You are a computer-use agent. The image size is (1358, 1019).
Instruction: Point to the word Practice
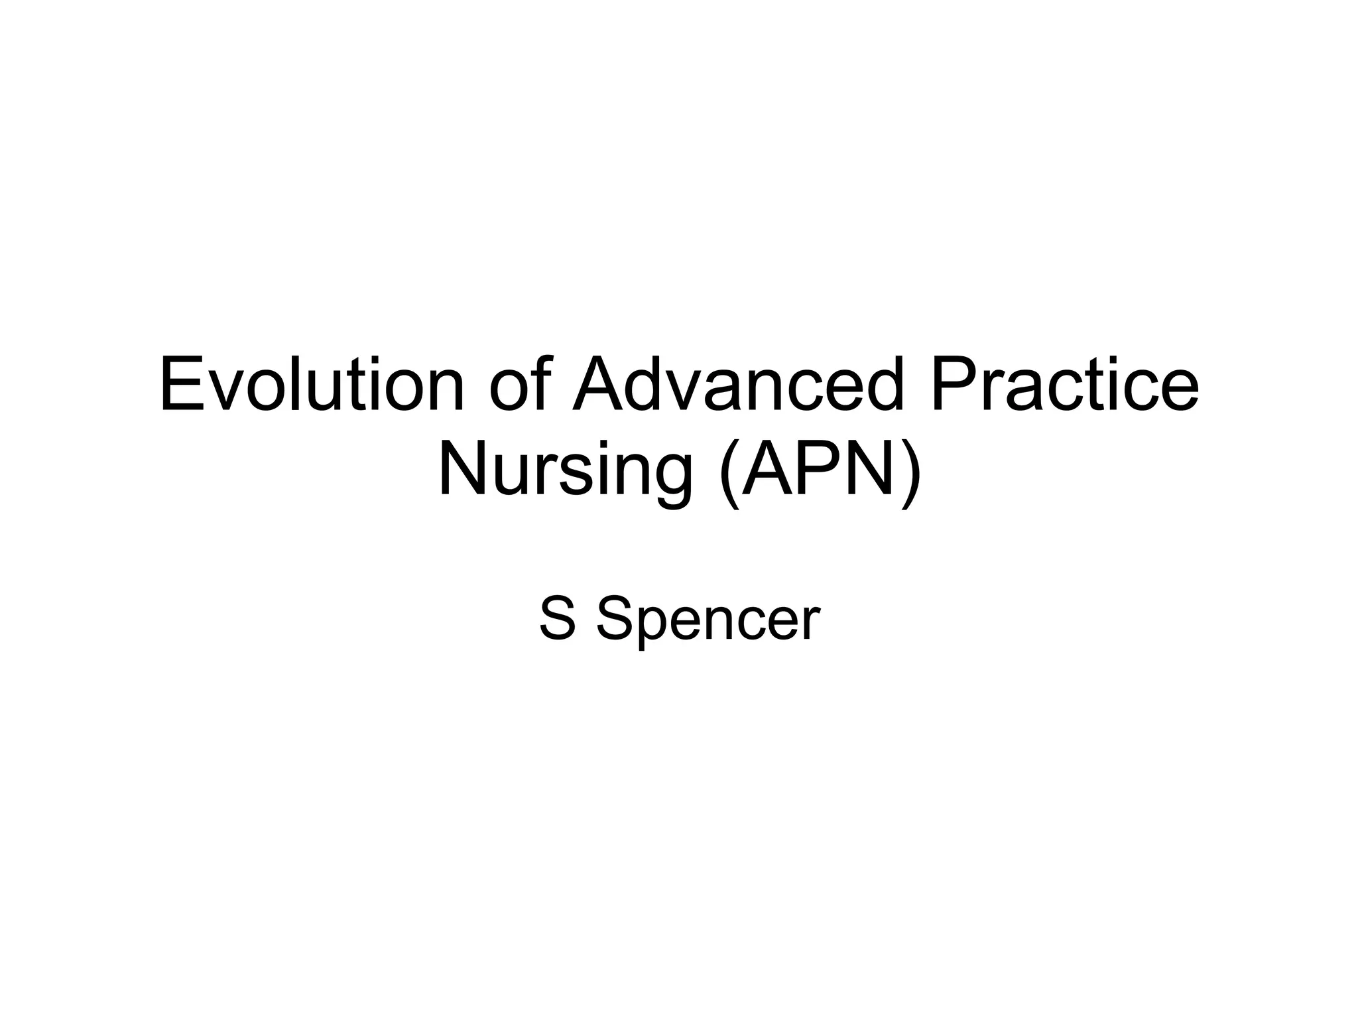1064,385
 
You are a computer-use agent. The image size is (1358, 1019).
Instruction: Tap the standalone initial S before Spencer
557,619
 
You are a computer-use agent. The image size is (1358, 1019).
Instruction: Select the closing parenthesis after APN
912,472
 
